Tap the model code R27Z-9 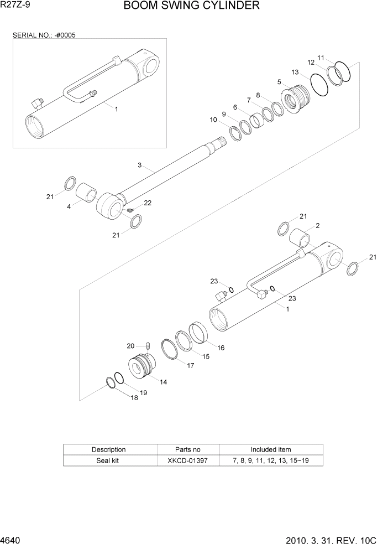point(16,6)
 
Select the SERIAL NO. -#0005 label point(44,35)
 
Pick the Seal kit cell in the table point(108,460)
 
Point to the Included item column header point(270,449)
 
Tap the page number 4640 point(12,540)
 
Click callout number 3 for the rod point(140,164)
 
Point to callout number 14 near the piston point(164,382)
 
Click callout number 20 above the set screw point(130,346)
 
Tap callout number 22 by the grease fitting point(148,203)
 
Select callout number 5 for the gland point(280,82)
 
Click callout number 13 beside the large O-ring point(295,72)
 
